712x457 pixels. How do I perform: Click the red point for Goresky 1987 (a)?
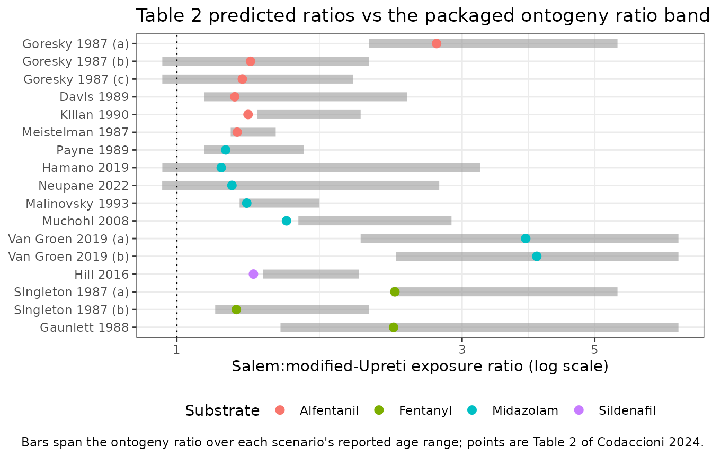click(x=437, y=43)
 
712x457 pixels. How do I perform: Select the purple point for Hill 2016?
click(x=253, y=274)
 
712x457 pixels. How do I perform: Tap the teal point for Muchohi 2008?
click(x=287, y=221)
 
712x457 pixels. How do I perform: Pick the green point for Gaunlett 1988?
click(x=394, y=327)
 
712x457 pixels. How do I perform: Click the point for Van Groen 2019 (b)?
click(x=537, y=256)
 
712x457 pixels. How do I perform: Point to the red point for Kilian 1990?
click(x=248, y=115)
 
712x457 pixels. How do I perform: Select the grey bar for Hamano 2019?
click(x=322, y=168)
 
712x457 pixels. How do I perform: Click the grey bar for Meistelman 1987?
click(x=253, y=132)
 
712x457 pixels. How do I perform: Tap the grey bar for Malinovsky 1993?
click(x=279, y=203)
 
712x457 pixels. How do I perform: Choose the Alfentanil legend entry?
click(x=317, y=410)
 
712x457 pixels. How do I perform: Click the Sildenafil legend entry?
click(x=615, y=410)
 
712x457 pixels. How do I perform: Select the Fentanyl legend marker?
click(x=379, y=410)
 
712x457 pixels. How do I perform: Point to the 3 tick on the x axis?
click(x=462, y=337)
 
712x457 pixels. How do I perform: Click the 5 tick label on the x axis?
click(x=594, y=350)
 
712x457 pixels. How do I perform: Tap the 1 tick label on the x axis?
click(x=177, y=350)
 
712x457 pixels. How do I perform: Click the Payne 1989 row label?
click(x=93, y=150)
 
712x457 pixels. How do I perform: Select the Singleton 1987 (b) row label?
click(x=72, y=310)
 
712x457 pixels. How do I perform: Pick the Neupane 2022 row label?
click(x=84, y=186)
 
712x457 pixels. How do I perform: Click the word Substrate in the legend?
click(x=222, y=410)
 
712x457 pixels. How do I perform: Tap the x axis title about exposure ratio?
click(x=420, y=366)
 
